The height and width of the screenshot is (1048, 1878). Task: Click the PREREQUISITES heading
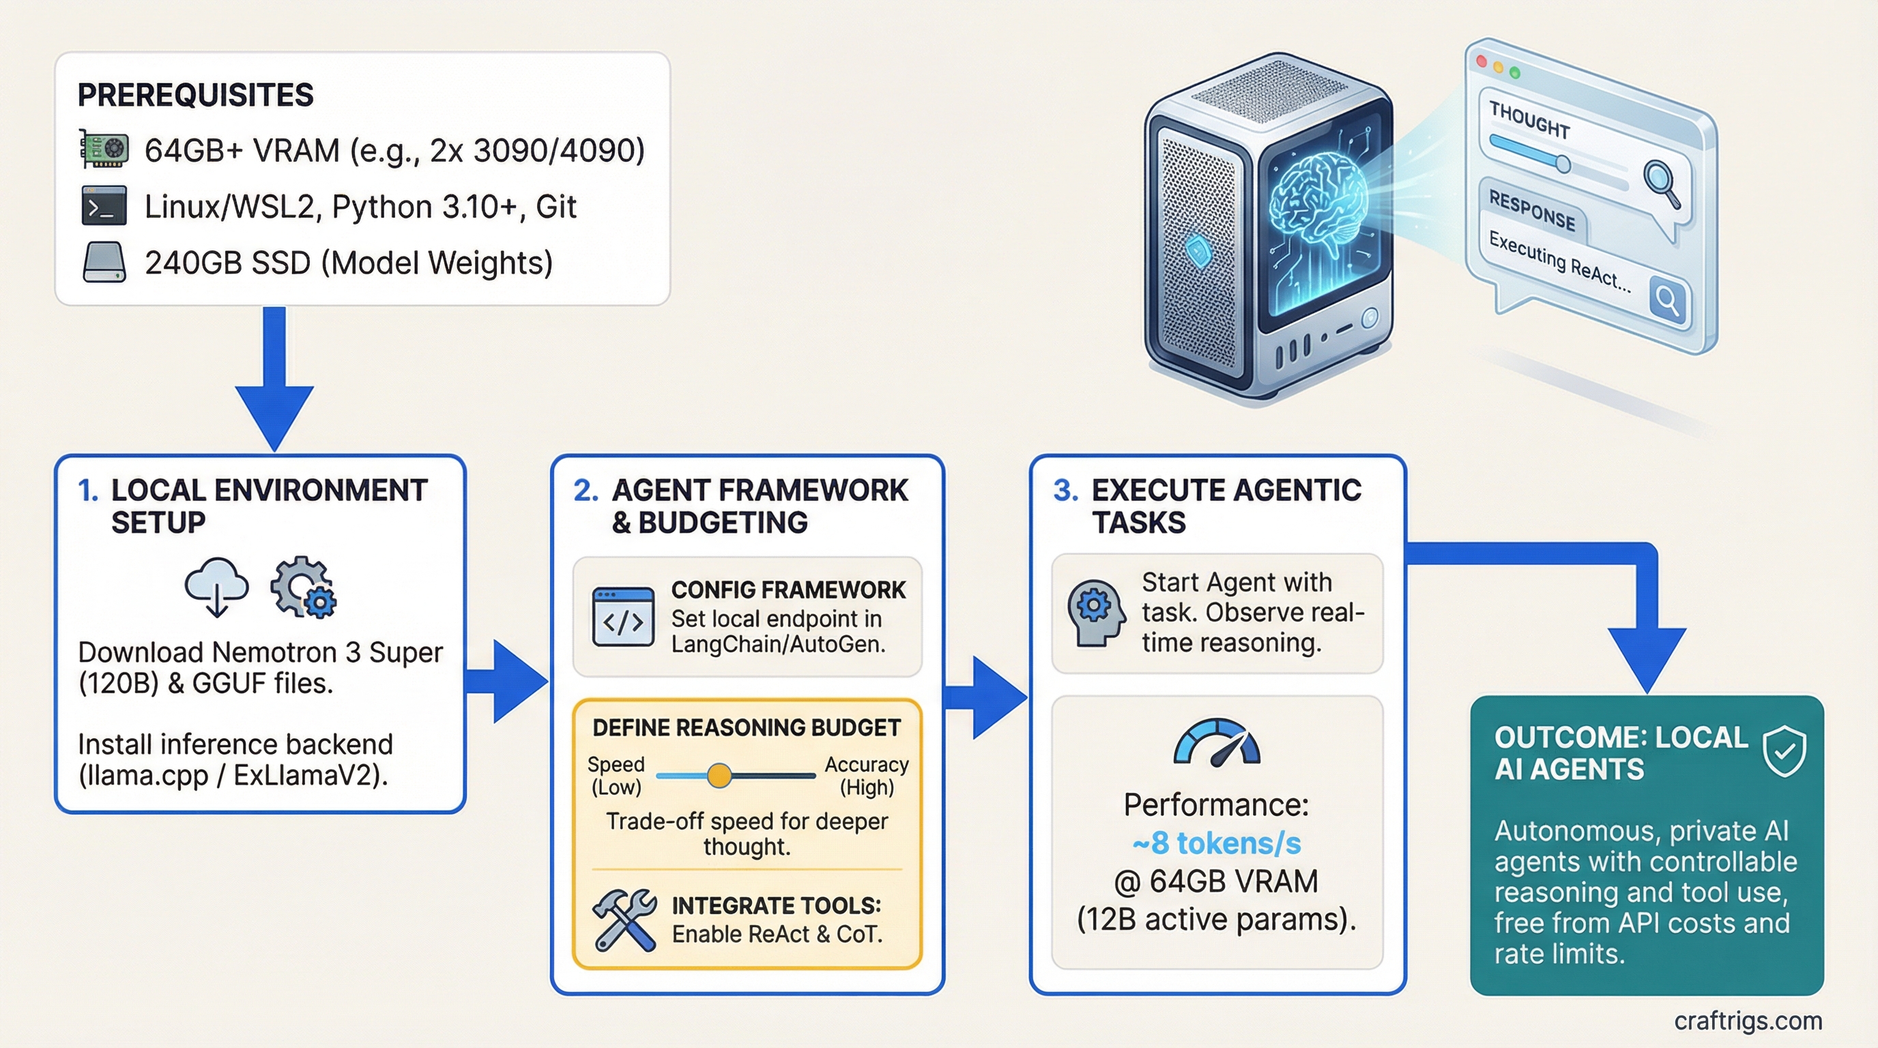(195, 96)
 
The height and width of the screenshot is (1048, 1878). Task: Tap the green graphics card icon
(104, 149)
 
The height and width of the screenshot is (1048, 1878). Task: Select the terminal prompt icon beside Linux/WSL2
(104, 206)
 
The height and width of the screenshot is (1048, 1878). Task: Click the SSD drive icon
(104, 263)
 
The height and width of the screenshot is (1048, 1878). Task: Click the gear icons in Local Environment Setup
(303, 587)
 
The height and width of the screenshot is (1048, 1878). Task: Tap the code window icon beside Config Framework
(622, 617)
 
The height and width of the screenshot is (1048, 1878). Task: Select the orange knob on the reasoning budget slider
(719, 776)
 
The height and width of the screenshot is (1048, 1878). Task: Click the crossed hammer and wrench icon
(624, 920)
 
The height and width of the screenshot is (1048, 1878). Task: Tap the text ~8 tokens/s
(1216, 843)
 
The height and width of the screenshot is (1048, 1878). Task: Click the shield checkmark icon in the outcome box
(1783, 752)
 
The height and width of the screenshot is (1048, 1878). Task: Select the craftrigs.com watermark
(1748, 1020)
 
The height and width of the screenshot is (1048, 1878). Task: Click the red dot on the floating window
(1481, 61)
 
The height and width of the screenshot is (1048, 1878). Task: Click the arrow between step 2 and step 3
(988, 697)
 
